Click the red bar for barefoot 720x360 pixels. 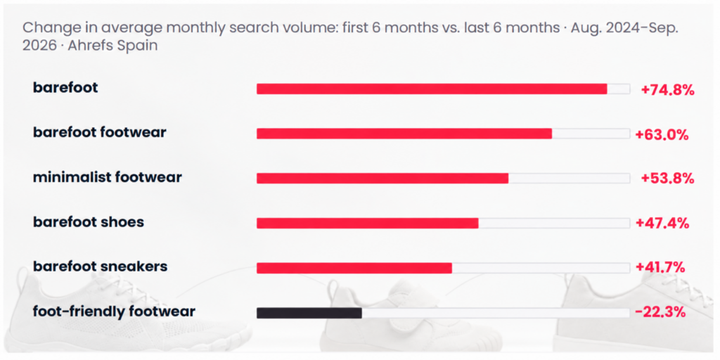[x=432, y=89]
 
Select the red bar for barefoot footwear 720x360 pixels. [x=404, y=134]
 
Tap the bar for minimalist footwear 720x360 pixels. [x=382, y=178]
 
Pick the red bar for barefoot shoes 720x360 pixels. [x=367, y=223]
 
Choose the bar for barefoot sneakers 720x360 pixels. [x=354, y=268]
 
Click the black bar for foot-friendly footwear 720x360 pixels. [x=309, y=313]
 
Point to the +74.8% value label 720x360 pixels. [x=667, y=90]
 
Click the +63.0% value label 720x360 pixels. [x=662, y=135]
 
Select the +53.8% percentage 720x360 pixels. [x=667, y=179]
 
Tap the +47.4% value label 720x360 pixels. [x=662, y=223]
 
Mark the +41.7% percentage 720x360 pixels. [x=660, y=267]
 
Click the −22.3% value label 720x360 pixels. [x=660, y=312]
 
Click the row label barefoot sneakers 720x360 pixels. [x=100, y=266]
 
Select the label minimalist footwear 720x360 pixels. [x=108, y=177]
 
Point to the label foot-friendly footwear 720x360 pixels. [x=114, y=311]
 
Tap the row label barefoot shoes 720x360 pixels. [x=88, y=222]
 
